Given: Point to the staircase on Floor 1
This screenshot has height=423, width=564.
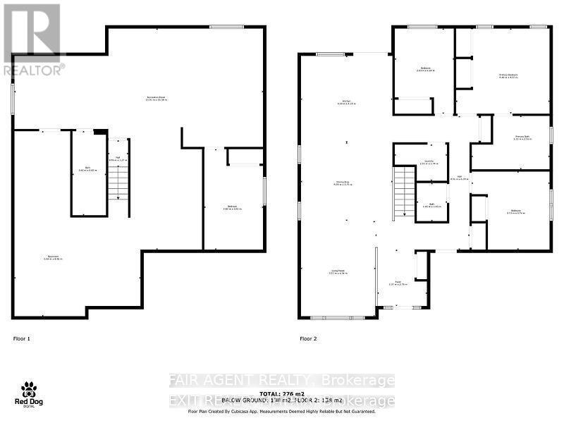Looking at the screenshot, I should [118, 182].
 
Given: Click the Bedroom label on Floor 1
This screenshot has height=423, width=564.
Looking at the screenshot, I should [232, 207].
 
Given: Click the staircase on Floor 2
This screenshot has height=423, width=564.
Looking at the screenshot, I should [404, 192].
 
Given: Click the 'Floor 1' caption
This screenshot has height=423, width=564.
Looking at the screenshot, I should [22, 339].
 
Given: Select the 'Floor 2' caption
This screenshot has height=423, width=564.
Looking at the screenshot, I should [309, 339].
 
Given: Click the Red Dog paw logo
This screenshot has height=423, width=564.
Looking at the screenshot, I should [28, 391].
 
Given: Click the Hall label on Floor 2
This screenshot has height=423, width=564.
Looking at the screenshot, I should [458, 178].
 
